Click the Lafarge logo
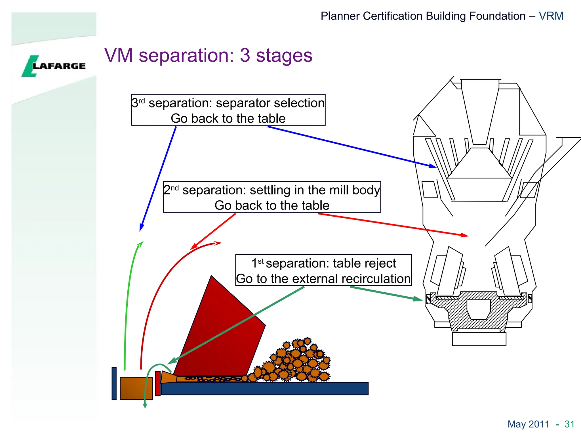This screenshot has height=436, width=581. tap(53, 66)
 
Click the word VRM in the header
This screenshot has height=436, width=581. tap(551, 16)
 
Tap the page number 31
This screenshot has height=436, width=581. tap(569, 424)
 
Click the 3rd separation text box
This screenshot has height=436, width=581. tap(228, 110)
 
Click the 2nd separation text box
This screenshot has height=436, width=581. tap(272, 197)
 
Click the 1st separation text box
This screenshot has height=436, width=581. tap(323, 270)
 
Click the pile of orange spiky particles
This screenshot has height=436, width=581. tap(295, 362)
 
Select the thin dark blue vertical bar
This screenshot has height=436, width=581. tap(114, 383)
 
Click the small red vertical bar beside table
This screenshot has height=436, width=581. tap(158, 383)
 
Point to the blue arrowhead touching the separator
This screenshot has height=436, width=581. tap(433, 166)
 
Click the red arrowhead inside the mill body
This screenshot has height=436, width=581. tap(465, 235)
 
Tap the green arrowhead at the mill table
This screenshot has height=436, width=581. tap(418, 299)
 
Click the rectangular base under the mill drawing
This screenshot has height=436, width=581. tap(479, 339)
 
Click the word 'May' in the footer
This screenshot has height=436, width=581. tap(517, 424)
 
